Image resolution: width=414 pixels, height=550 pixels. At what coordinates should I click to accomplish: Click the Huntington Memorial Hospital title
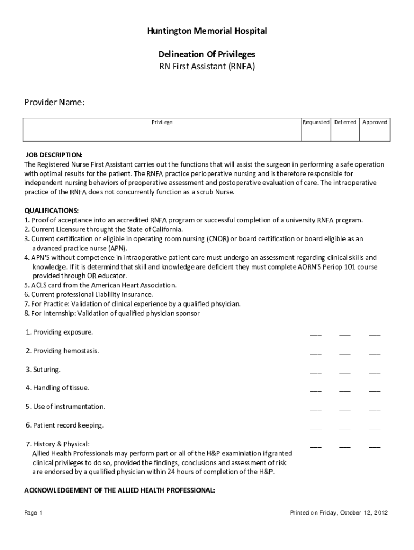click(207, 32)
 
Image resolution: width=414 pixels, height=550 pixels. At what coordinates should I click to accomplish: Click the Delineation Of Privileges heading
click(207, 55)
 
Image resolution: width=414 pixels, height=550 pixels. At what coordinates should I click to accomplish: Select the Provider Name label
click(54, 103)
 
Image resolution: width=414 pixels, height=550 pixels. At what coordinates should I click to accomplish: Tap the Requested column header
click(316, 122)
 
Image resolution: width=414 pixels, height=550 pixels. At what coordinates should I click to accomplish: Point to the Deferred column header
click(345, 122)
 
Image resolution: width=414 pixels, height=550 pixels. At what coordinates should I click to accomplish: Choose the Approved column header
click(375, 122)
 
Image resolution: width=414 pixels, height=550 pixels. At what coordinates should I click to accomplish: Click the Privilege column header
click(162, 122)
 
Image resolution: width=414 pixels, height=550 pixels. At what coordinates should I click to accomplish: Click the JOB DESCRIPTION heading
click(54, 155)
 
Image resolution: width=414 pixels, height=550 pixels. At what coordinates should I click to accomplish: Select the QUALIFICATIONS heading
click(52, 211)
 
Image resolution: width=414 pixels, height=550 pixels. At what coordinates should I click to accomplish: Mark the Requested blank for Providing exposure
click(316, 334)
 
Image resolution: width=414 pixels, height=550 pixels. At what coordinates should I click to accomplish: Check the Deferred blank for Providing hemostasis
click(345, 352)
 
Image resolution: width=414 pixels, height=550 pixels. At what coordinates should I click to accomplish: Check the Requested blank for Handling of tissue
click(316, 389)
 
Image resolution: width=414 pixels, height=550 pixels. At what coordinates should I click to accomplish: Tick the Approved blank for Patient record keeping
click(374, 427)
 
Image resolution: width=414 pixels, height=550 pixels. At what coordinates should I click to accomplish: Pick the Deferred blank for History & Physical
click(345, 446)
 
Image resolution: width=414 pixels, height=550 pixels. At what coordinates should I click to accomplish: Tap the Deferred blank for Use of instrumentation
click(345, 408)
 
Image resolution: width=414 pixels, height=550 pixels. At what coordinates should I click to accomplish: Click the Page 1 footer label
click(33, 513)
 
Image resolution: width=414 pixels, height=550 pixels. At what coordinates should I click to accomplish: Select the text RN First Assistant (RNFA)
click(207, 67)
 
